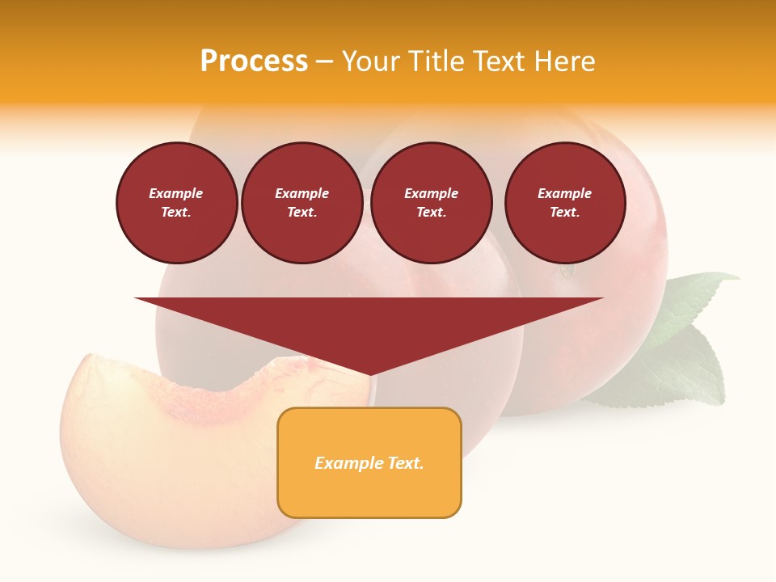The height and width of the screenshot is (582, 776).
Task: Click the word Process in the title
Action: tap(254, 61)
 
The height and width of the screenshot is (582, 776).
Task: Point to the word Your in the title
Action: tap(369, 61)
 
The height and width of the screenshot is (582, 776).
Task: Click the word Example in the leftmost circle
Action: tap(176, 193)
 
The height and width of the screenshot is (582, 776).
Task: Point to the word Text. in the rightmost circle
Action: tap(565, 212)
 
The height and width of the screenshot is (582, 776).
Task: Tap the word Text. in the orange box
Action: tap(407, 463)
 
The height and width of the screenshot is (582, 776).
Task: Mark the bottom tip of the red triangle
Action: tap(370, 375)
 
